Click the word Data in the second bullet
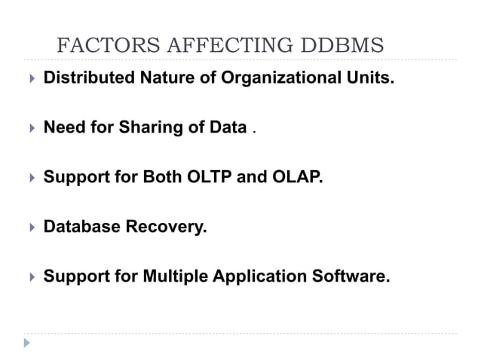point(228,127)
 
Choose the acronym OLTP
point(214,177)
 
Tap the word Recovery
point(167,227)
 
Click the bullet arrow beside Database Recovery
point(30,227)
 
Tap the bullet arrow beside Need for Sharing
point(30,128)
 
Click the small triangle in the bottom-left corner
point(27,343)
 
